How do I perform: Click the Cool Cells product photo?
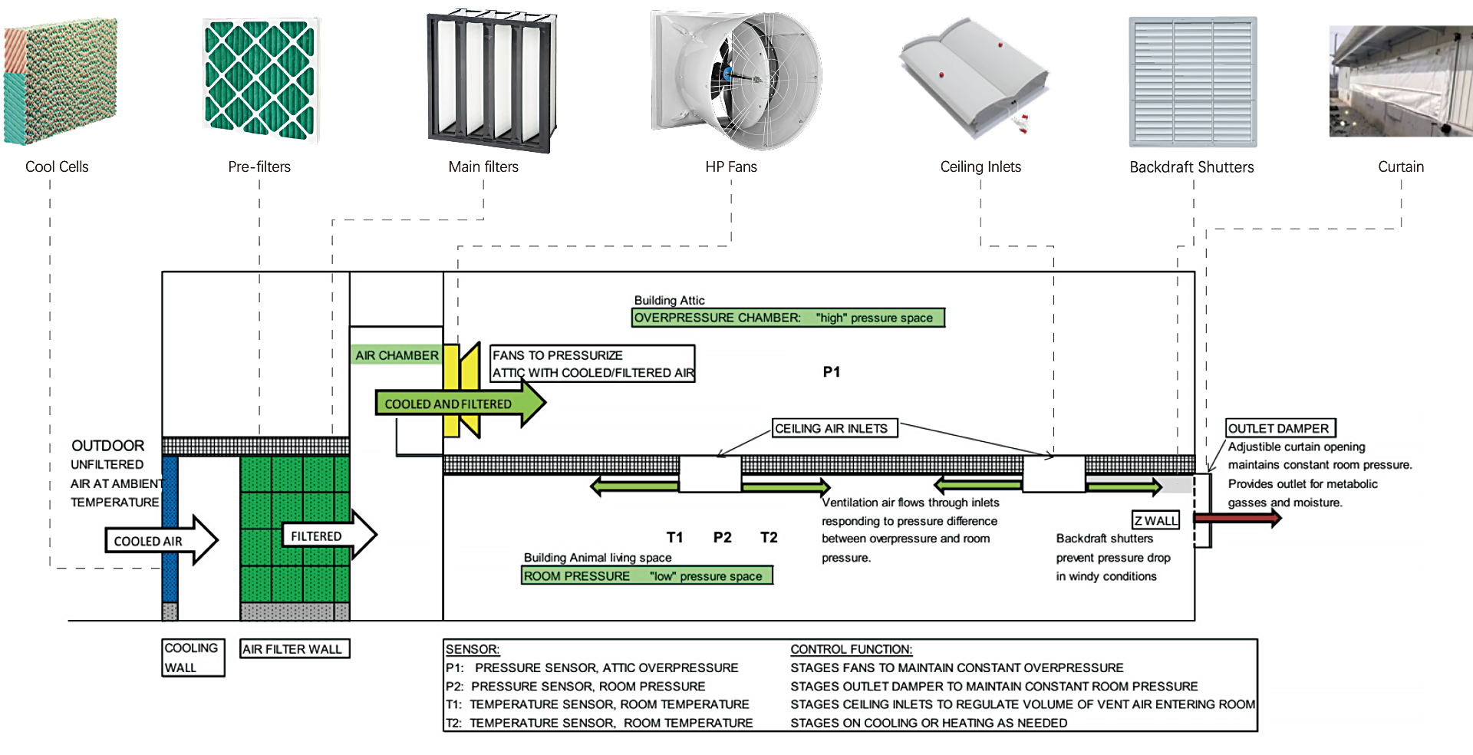click(x=60, y=81)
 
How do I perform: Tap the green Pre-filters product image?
click(x=261, y=81)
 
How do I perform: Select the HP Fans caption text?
click(x=730, y=166)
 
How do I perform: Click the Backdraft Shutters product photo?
click(x=1192, y=82)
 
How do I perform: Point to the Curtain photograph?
click(x=1400, y=82)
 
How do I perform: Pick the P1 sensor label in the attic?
click(x=831, y=372)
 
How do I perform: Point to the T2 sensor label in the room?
click(x=769, y=538)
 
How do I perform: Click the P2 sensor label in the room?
click(x=722, y=538)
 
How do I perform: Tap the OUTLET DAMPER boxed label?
click(x=1279, y=428)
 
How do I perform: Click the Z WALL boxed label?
click(x=1155, y=520)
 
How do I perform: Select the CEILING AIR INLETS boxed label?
click(x=834, y=428)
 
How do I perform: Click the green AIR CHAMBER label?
click(x=397, y=355)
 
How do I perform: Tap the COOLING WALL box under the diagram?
click(x=193, y=658)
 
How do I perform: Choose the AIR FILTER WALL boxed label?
click(x=294, y=649)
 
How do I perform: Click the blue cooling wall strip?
click(x=170, y=529)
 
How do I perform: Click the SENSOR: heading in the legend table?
click(x=473, y=649)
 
